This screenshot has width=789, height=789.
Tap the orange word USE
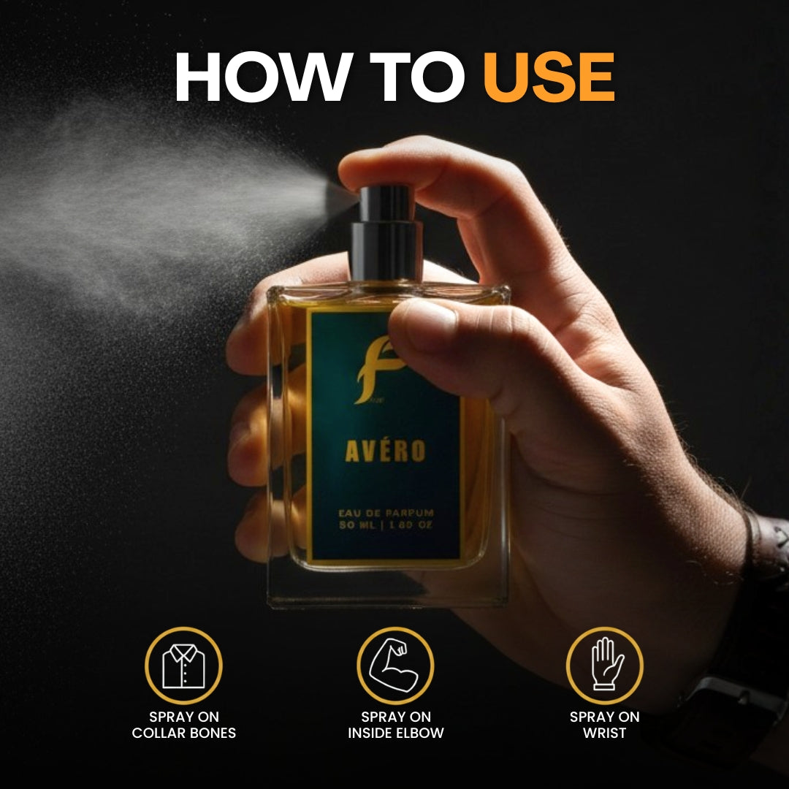tap(549, 77)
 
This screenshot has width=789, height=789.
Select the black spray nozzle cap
tap(386, 204)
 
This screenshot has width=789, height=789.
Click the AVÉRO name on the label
tap(385, 451)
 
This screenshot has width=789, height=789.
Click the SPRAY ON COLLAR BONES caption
tap(183, 725)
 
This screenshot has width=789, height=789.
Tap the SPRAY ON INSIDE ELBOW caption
tap(395, 725)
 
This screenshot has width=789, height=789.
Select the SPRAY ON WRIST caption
tap(605, 725)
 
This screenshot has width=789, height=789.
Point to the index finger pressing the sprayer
tap(416, 164)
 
